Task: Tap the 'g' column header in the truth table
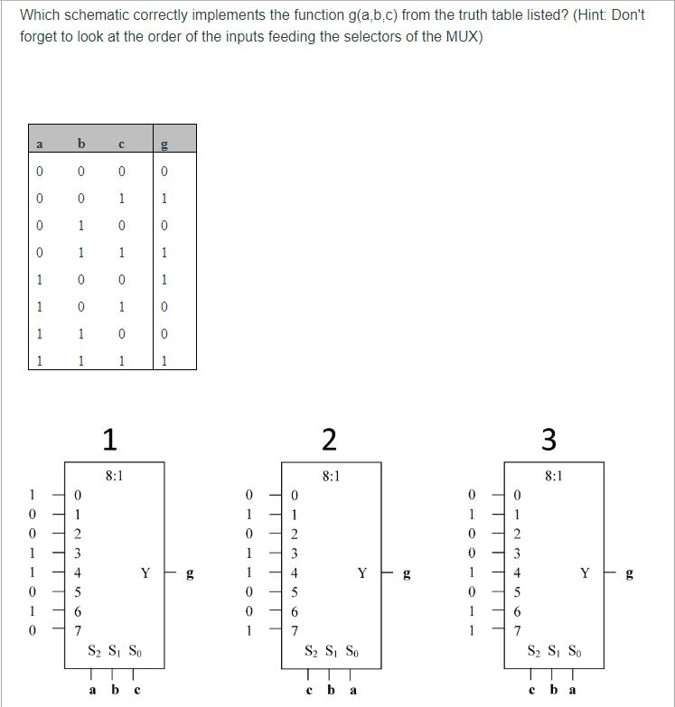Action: (163, 144)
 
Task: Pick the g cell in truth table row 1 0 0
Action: (163, 280)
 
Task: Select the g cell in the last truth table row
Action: (163, 361)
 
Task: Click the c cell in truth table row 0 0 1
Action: (122, 199)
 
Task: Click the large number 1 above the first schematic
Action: (109, 439)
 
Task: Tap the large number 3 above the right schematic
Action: (549, 439)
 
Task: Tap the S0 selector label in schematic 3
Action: (575, 652)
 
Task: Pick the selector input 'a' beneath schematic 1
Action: (94, 691)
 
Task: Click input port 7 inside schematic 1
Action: (79, 630)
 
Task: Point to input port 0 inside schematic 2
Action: (293, 495)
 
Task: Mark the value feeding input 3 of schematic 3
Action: (471, 553)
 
